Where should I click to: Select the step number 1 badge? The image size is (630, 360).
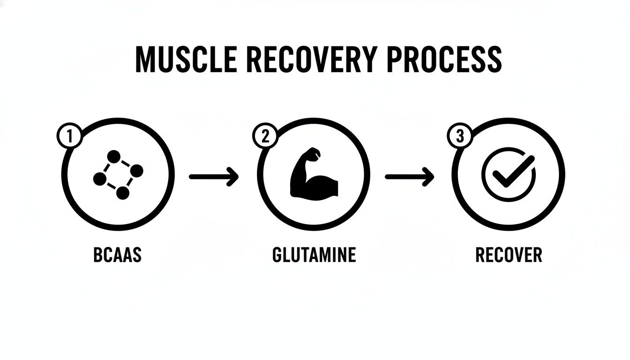tap(69, 137)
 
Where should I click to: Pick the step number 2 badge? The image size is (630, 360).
tap(265, 137)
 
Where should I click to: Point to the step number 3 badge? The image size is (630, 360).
tap(459, 137)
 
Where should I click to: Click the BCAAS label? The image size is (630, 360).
tap(118, 255)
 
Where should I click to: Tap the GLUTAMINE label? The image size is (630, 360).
tap(314, 255)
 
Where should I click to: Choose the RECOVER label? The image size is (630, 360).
tap(509, 255)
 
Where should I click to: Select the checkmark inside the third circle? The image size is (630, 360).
tap(509, 173)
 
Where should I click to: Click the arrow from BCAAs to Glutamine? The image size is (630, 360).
tap(214, 177)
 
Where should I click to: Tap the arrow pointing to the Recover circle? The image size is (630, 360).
tap(409, 177)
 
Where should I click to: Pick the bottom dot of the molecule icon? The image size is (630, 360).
tap(122, 193)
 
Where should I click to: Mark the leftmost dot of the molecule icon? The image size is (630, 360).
tap(99, 179)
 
